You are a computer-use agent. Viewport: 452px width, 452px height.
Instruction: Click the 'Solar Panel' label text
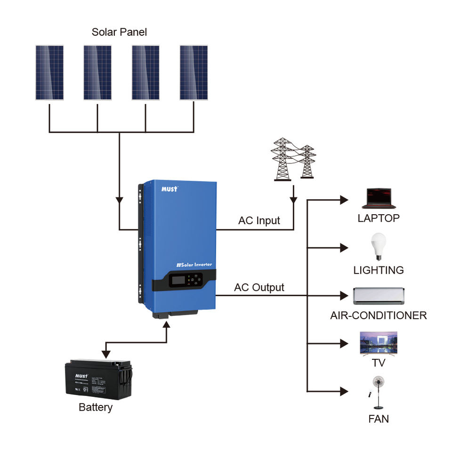tap(119, 32)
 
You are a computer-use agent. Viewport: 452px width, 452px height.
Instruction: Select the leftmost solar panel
tap(49, 73)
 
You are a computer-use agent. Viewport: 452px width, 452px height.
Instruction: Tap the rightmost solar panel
tap(194, 73)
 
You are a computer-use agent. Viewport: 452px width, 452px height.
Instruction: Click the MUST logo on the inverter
tap(169, 188)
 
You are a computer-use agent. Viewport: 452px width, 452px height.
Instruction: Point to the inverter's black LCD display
tap(178, 281)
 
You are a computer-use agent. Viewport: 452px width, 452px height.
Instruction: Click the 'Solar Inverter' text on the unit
tap(194, 265)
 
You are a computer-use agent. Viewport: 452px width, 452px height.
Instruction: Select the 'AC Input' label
tap(259, 220)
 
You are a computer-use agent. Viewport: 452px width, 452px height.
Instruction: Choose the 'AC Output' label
tap(259, 287)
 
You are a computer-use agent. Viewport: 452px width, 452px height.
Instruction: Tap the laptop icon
tap(378, 198)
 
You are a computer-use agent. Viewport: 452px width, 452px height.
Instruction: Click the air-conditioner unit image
tap(378, 296)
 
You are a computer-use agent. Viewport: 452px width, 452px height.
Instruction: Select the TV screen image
tap(378, 343)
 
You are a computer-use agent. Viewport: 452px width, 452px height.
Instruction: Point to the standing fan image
tap(377, 393)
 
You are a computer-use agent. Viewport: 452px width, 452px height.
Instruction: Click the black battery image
tap(98, 379)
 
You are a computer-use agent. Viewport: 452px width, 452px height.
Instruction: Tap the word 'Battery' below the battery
tap(96, 407)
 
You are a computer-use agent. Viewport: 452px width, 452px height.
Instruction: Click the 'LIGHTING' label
tap(378, 270)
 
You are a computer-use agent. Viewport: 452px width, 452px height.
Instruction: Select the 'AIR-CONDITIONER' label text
tap(378, 315)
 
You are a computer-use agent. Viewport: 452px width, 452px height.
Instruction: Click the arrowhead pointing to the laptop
tap(345, 200)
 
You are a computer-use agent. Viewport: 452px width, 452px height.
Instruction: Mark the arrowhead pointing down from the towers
tap(294, 200)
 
